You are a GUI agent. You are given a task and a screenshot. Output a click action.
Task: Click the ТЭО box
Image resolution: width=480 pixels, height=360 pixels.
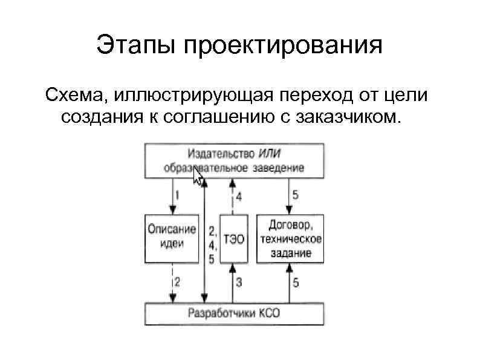coord(234,238)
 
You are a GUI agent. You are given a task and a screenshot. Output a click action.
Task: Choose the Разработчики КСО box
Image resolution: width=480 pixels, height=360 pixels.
coord(235,313)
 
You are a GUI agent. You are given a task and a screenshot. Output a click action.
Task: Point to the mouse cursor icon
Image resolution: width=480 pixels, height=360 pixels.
coord(198,177)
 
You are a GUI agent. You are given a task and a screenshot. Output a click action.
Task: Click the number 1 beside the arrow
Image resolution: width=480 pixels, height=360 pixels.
coord(177,195)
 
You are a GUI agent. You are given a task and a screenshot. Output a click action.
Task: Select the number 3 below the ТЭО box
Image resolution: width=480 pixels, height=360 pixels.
coord(239,281)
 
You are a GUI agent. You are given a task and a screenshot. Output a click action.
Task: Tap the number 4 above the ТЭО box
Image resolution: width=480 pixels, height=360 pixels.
coord(239,196)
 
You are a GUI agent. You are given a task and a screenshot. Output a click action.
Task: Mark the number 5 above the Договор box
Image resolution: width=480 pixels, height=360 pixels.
coord(295,195)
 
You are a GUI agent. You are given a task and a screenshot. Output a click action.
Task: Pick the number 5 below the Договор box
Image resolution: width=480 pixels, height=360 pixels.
coord(295,281)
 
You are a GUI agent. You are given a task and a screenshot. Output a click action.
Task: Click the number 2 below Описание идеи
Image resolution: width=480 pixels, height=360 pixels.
coord(177,281)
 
